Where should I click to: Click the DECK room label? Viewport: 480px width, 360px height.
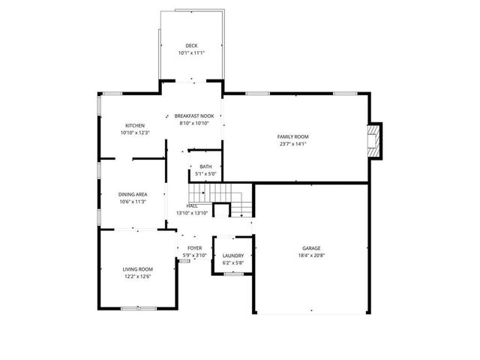coord(192,46)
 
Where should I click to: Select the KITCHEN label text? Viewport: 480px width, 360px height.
coord(135,125)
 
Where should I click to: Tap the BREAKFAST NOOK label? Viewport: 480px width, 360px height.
coord(194,115)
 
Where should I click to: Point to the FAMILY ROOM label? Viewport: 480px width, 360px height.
coord(293,136)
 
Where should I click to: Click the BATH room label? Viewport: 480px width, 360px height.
coord(205,166)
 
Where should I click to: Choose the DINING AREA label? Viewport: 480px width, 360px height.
coord(132,194)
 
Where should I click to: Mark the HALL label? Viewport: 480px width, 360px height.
coord(192,205)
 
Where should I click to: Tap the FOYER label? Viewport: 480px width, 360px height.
coord(194,248)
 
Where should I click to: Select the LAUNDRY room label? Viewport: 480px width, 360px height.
coord(233,256)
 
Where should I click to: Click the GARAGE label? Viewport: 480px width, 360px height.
coord(311,248)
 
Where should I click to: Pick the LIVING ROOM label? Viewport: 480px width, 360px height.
coord(138,269)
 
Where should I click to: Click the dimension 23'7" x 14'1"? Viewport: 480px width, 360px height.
coord(293,144)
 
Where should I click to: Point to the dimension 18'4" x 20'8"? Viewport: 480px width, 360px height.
coord(311,256)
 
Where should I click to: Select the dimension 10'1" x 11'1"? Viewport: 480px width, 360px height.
coord(192,53)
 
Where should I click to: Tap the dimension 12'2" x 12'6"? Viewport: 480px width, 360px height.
coord(138,277)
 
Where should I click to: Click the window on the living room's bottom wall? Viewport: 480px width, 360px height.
coord(139,308)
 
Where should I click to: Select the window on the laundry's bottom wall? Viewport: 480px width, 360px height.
coord(234,274)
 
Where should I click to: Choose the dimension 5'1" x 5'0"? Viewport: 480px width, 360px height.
coord(205,174)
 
